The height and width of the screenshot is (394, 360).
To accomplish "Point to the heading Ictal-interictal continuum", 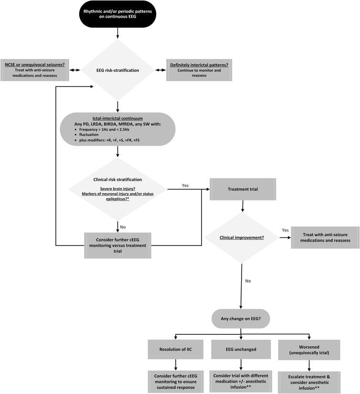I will [117, 117].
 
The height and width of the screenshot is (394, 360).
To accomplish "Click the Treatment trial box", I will [243, 189].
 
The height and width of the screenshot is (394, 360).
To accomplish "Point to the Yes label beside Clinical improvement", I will [286, 230].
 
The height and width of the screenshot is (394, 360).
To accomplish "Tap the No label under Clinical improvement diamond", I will [248, 281].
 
